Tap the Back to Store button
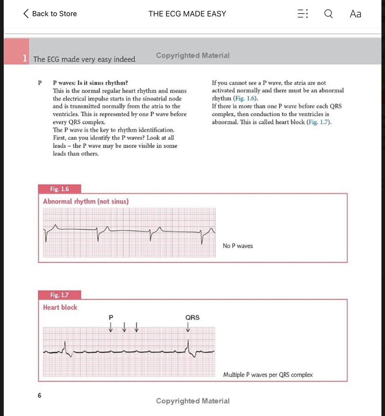tap(50, 14)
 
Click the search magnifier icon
tap(328, 14)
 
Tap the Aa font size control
tap(355, 14)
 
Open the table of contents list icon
tap(303, 14)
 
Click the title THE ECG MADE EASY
tap(187, 14)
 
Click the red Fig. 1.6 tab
tap(60, 189)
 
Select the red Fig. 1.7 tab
tap(60, 295)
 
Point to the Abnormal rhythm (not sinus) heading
tap(86, 201)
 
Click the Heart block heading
tap(60, 308)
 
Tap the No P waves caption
tap(237, 246)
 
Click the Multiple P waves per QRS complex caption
tap(268, 375)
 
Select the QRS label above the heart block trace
tap(192, 317)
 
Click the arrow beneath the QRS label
tap(188, 327)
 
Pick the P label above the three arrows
tap(111, 317)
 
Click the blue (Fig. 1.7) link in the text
tap(318, 122)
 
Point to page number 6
tap(40, 395)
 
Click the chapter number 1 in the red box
tap(25, 59)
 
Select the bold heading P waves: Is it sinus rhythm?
tap(91, 83)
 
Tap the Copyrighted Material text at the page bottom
tap(192, 401)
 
